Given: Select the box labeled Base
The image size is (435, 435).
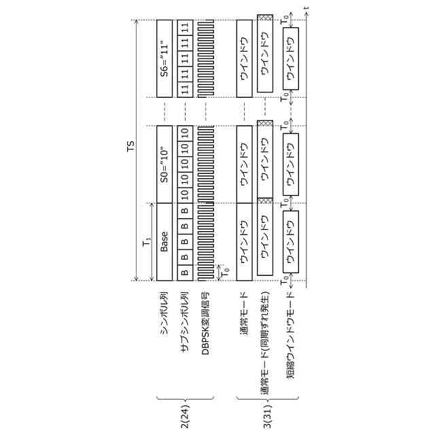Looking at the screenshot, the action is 164,241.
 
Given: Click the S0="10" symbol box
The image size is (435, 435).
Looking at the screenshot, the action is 164,163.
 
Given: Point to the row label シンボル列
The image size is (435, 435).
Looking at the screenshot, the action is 164,306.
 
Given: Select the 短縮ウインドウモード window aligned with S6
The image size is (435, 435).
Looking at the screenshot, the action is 292,58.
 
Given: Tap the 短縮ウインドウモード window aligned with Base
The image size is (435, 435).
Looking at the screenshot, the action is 292,241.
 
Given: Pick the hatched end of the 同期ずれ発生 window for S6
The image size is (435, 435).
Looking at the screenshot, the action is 264,18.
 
